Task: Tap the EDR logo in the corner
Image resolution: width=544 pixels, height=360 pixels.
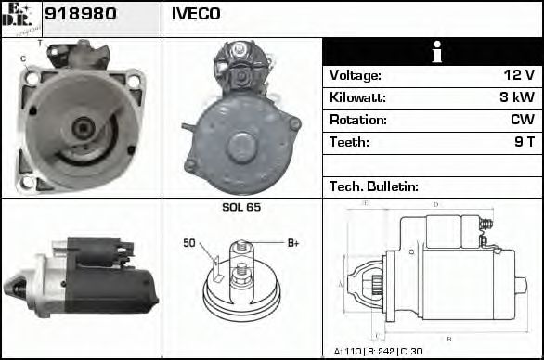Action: pos(19,16)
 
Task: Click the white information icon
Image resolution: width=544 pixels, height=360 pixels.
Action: pos(432,52)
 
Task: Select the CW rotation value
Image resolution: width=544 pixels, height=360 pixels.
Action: pos(522,121)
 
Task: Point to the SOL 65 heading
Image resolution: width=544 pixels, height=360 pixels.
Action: pos(241,207)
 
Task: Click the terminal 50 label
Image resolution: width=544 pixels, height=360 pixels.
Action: pos(189,243)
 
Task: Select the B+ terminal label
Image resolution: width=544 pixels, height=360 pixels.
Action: pos(292,243)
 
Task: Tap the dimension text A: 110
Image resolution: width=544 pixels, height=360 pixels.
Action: pos(350,352)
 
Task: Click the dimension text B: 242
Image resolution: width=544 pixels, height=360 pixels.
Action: pos(385,352)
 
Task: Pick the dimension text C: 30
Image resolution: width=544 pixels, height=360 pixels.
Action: pos(418,352)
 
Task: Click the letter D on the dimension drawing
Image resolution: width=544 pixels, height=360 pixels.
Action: pos(434,204)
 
